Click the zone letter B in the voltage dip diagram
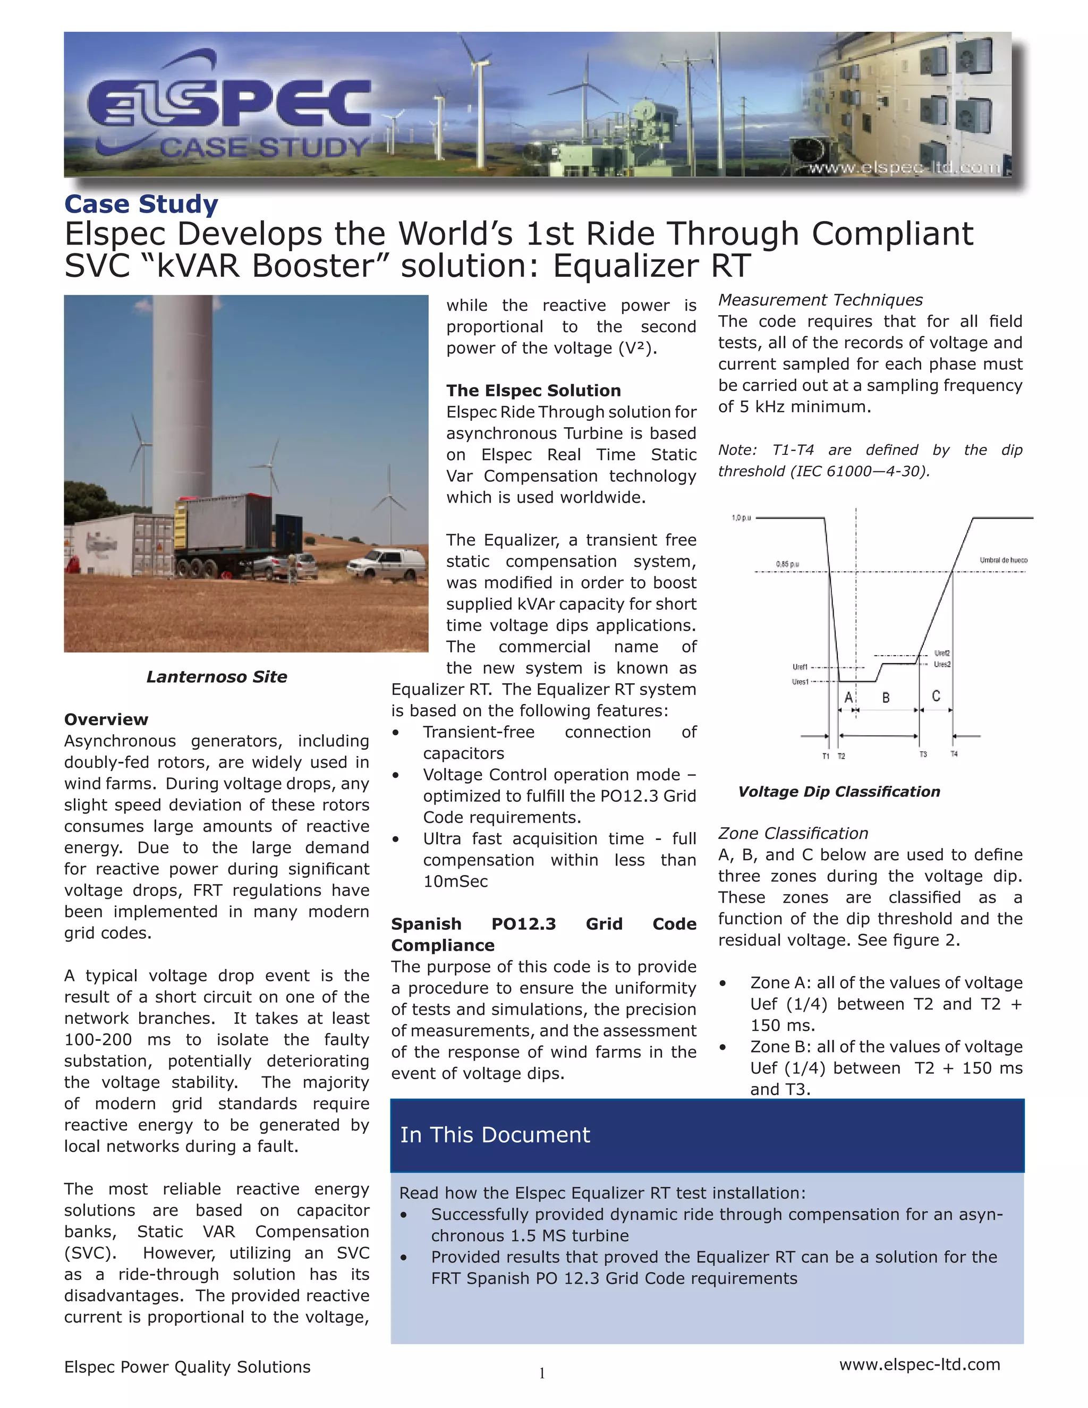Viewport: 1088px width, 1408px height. [x=886, y=698]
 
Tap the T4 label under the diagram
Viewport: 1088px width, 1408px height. [x=954, y=754]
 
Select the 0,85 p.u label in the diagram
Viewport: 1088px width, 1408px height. [x=788, y=564]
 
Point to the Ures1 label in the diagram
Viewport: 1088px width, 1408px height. [x=800, y=682]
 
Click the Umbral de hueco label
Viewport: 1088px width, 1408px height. [x=1004, y=560]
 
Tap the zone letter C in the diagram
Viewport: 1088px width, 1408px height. [x=936, y=696]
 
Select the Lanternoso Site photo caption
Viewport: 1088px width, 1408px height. [x=217, y=677]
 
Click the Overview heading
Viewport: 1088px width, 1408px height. [x=106, y=719]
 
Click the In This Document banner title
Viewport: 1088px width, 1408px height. [x=495, y=1135]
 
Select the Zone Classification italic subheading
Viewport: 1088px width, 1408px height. [x=793, y=834]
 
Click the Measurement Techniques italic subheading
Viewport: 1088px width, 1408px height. [x=820, y=300]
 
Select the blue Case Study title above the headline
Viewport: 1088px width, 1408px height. [x=141, y=205]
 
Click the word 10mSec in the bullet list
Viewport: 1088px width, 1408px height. [x=455, y=881]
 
